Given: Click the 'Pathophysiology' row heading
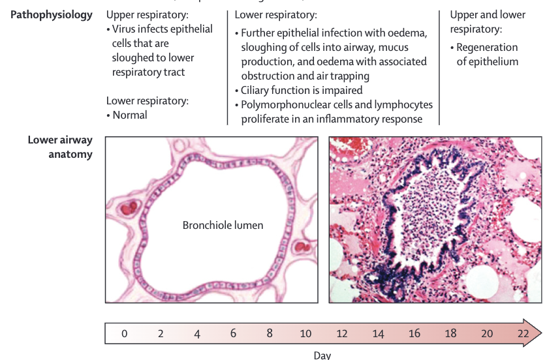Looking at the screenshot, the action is [x=52, y=14].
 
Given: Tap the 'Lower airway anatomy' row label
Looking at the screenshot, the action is [x=59, y=147].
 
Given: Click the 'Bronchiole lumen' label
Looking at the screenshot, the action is [x=223, y=226].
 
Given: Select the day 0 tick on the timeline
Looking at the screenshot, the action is [x=124, y=333].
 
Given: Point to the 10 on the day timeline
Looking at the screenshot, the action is [x=305, y=333].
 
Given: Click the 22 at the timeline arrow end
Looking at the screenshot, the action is [x=523, y=333].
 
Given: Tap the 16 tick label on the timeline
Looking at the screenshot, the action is [x=414, y=333].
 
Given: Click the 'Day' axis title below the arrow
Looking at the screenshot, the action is [x=322, y=355].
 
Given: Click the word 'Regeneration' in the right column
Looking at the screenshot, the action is [x=487, y=48].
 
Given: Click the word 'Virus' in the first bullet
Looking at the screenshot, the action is [x=125, y=29].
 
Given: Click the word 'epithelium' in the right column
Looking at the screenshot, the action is [x=488, y=62].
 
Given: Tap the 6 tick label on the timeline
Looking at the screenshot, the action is [x=233, y=333].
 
